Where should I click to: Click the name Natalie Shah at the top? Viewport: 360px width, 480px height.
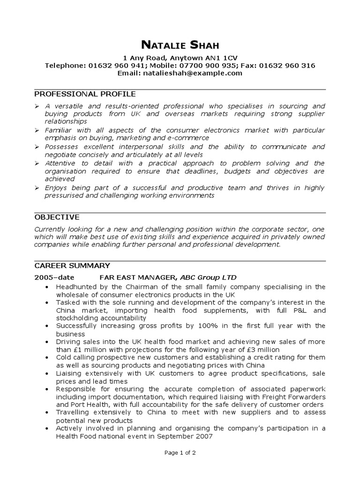(180, 45)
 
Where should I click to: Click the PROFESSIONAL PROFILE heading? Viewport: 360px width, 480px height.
(85, 94)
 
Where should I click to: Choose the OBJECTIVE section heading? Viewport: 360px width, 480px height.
(57, 217)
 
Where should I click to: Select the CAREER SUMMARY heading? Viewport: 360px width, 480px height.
(72, 265)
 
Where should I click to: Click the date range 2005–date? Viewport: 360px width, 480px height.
(54, 277)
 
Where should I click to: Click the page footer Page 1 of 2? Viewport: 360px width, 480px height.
(180, 453)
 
